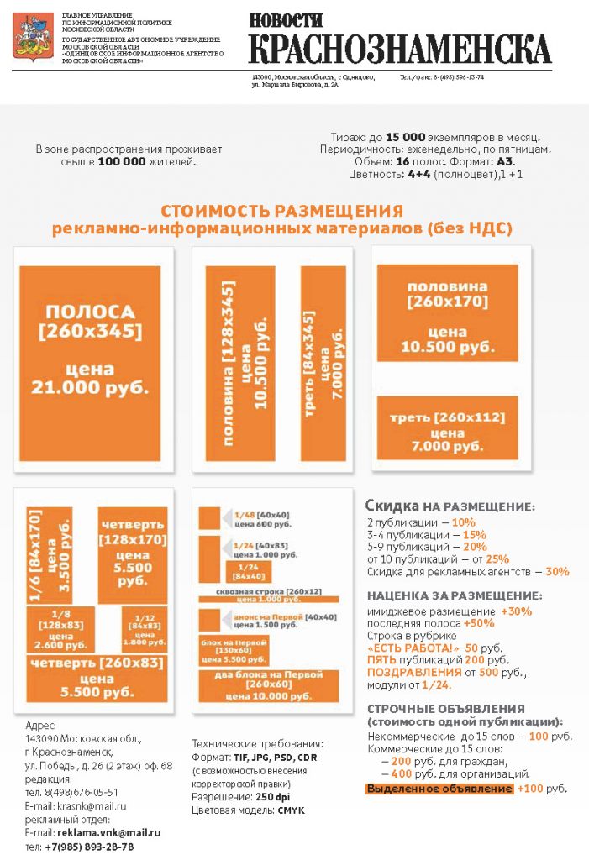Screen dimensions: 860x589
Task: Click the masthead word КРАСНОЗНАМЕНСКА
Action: click(400, 50)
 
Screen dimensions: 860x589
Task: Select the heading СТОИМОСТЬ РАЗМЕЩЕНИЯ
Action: click(281, 211)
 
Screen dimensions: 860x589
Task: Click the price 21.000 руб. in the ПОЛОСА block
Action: click(90, 386)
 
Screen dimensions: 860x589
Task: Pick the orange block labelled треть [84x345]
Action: click(323, 363)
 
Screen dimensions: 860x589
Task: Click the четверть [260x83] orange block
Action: click(95, 678)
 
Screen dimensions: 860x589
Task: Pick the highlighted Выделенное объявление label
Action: click(439, 789)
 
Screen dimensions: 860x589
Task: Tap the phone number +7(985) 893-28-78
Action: click(89, 847)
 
